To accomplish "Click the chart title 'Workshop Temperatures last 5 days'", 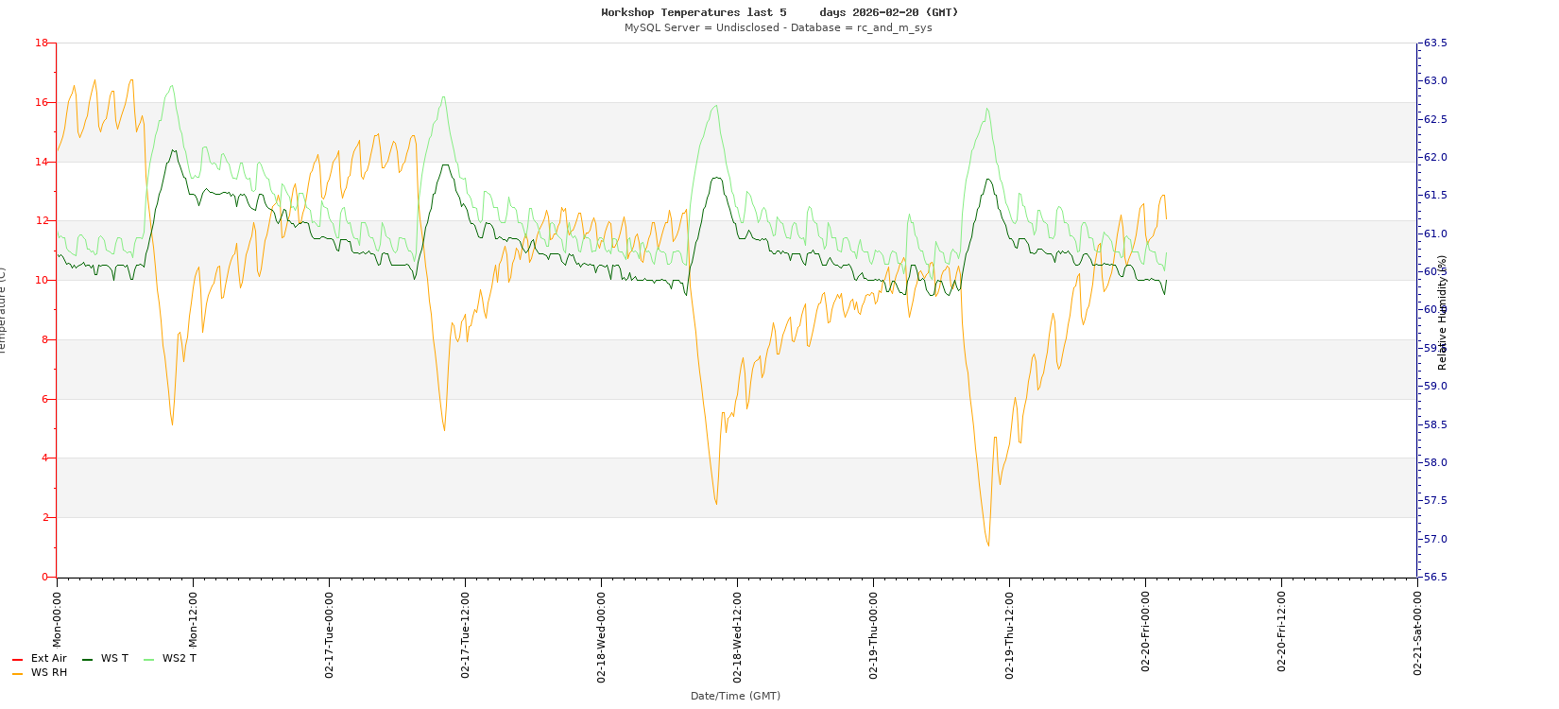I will (779, 12).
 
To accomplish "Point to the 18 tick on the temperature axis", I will (42, 43).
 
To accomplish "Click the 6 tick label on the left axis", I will (44, 399).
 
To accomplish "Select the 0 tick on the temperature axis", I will (44, 577).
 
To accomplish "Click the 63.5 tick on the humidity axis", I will (1435, 43).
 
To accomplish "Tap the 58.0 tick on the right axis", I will (1435, 462).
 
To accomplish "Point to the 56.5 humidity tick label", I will (1435, 577).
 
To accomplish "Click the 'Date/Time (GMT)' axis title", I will (735, 696).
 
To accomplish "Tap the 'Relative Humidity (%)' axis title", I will (1443, 312).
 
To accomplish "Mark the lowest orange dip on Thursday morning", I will (988, 545).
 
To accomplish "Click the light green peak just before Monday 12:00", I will (171, 86).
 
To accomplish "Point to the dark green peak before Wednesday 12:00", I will (716, 178).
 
